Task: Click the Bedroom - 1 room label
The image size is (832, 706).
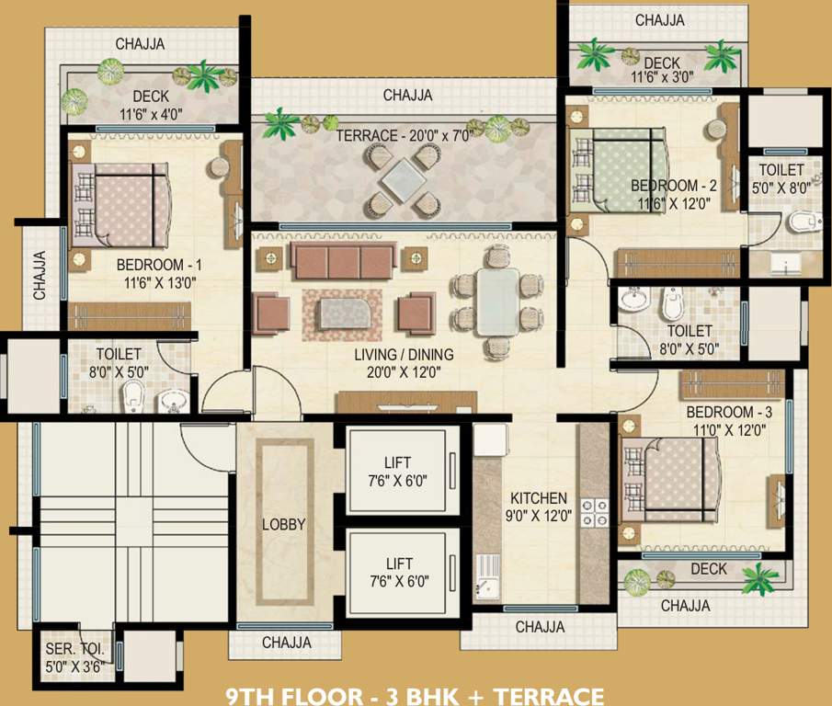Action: coord(159,264)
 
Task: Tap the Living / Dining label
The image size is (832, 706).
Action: coord(404,354)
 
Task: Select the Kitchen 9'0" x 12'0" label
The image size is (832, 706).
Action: coord(539,507)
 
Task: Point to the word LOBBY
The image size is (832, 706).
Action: coord(284,524)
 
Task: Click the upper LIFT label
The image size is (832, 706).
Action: coord(398,462)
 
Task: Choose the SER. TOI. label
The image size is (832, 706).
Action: coord(74,649)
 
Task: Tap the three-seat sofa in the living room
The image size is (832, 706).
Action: coord(343,261)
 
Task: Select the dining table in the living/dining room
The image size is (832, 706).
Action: coord(497,302)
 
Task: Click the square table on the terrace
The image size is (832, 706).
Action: coord(403,179)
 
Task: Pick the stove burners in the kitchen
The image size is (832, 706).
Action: coord(594,513)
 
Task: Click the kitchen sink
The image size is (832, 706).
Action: coord(487,576)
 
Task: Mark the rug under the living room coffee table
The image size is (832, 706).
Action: coord(342,315)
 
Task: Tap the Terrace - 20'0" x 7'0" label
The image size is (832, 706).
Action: coord(404,136)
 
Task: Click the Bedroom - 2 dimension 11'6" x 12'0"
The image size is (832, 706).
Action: coord(674,204)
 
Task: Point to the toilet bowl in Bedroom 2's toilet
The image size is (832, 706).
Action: coord(804,222)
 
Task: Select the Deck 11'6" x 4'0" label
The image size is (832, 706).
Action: coord(151,105)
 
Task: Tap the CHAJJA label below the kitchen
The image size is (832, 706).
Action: coord(541,627)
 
